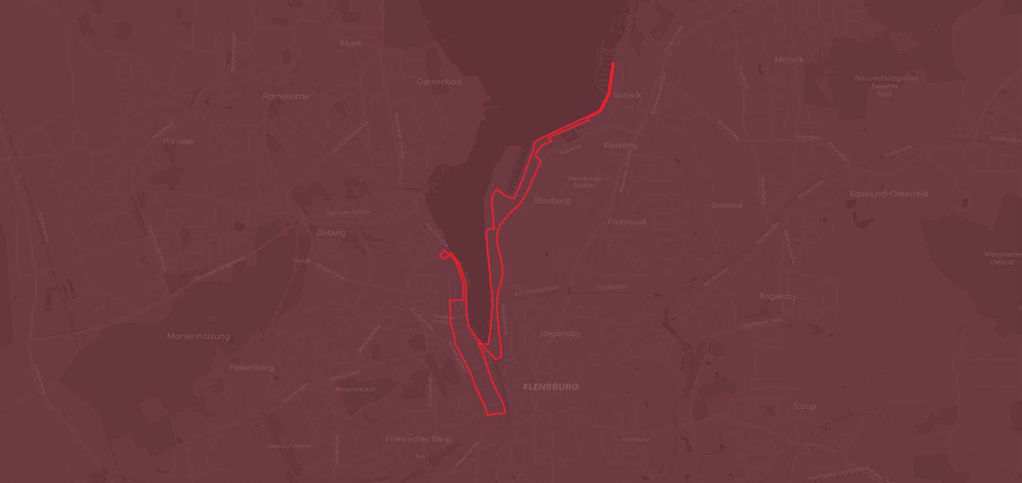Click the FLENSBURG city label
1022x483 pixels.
click(551, 387)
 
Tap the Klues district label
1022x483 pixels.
click(350, 43)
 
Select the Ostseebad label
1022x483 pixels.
click(439, 82)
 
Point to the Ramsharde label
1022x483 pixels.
click(286, 96)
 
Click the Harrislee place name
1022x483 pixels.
click(178, 141)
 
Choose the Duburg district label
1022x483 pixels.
click(331, 233)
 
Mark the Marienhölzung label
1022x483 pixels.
click(199, 336)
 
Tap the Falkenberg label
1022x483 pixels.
click(252, 367)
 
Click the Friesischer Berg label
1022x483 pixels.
click(418, 439)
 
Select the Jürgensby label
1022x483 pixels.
click(560, 333)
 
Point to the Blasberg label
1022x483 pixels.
click(553, 201)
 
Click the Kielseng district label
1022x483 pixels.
click(620, 145)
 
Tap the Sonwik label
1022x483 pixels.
click(627, 95)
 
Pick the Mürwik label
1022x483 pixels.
click(789, 60)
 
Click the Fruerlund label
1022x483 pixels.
click(627, 222)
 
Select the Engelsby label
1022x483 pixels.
click(778, 296)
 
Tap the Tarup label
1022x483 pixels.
click(804, 406)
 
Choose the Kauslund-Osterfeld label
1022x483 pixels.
click(889, 194)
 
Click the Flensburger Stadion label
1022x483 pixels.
click(585, 182)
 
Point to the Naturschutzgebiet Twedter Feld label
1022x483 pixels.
click(886, 86)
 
